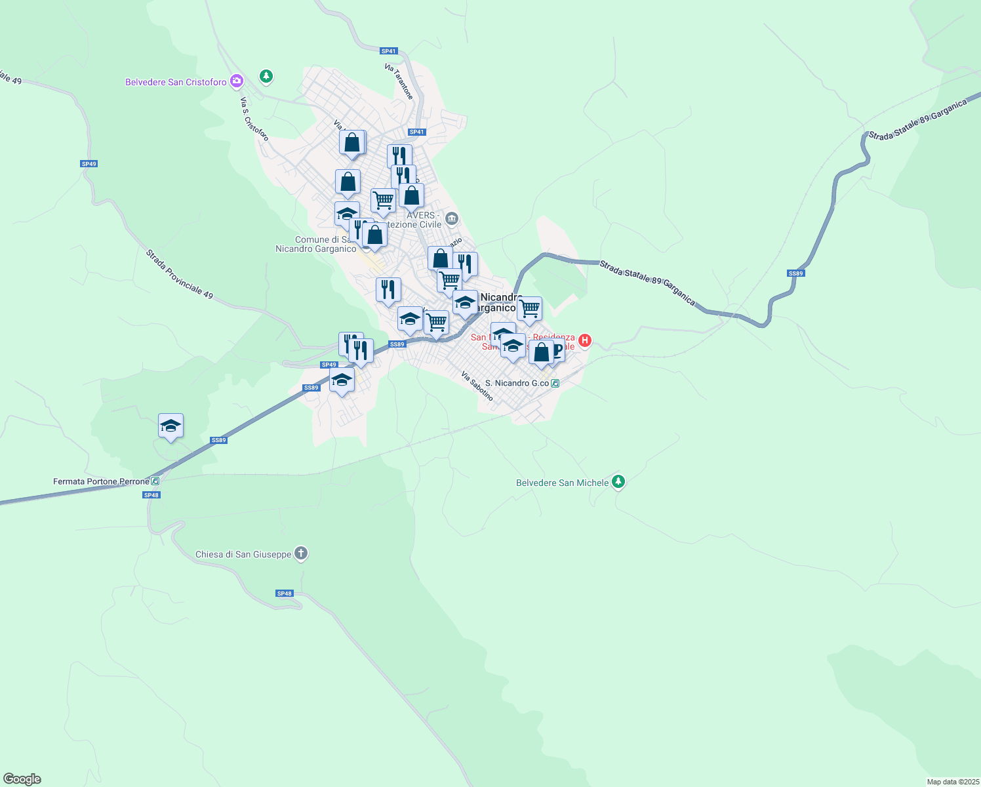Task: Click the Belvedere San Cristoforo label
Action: [x=176, y=82]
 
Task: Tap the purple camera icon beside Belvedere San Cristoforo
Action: [x=237, y=81]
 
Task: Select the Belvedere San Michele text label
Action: [x=562, y=483]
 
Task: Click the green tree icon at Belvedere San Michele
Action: [x=618, y=482]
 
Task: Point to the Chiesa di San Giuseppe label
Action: [x=243, y=554]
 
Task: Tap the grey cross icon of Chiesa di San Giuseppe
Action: [x=301, y=554]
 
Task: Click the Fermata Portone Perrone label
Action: [x=101, y=481]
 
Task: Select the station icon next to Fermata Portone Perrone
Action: [x=155, y=481]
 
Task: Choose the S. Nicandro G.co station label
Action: [x=517, y=383]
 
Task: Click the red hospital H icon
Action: [x=585, y=340]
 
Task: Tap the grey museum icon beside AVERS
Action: [x=452, y=218]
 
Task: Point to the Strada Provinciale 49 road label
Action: [x=180, y=274]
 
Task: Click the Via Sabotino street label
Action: [x=477, y=386]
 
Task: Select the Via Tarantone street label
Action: [x=399, y=81]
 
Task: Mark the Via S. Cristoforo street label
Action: [x=254, y=119]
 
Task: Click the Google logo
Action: [x=22, y=779]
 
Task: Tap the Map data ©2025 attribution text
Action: [x=952, y=782]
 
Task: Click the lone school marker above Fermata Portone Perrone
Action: [x=170, y=426]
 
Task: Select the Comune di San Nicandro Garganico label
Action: [x=316, y=244]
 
